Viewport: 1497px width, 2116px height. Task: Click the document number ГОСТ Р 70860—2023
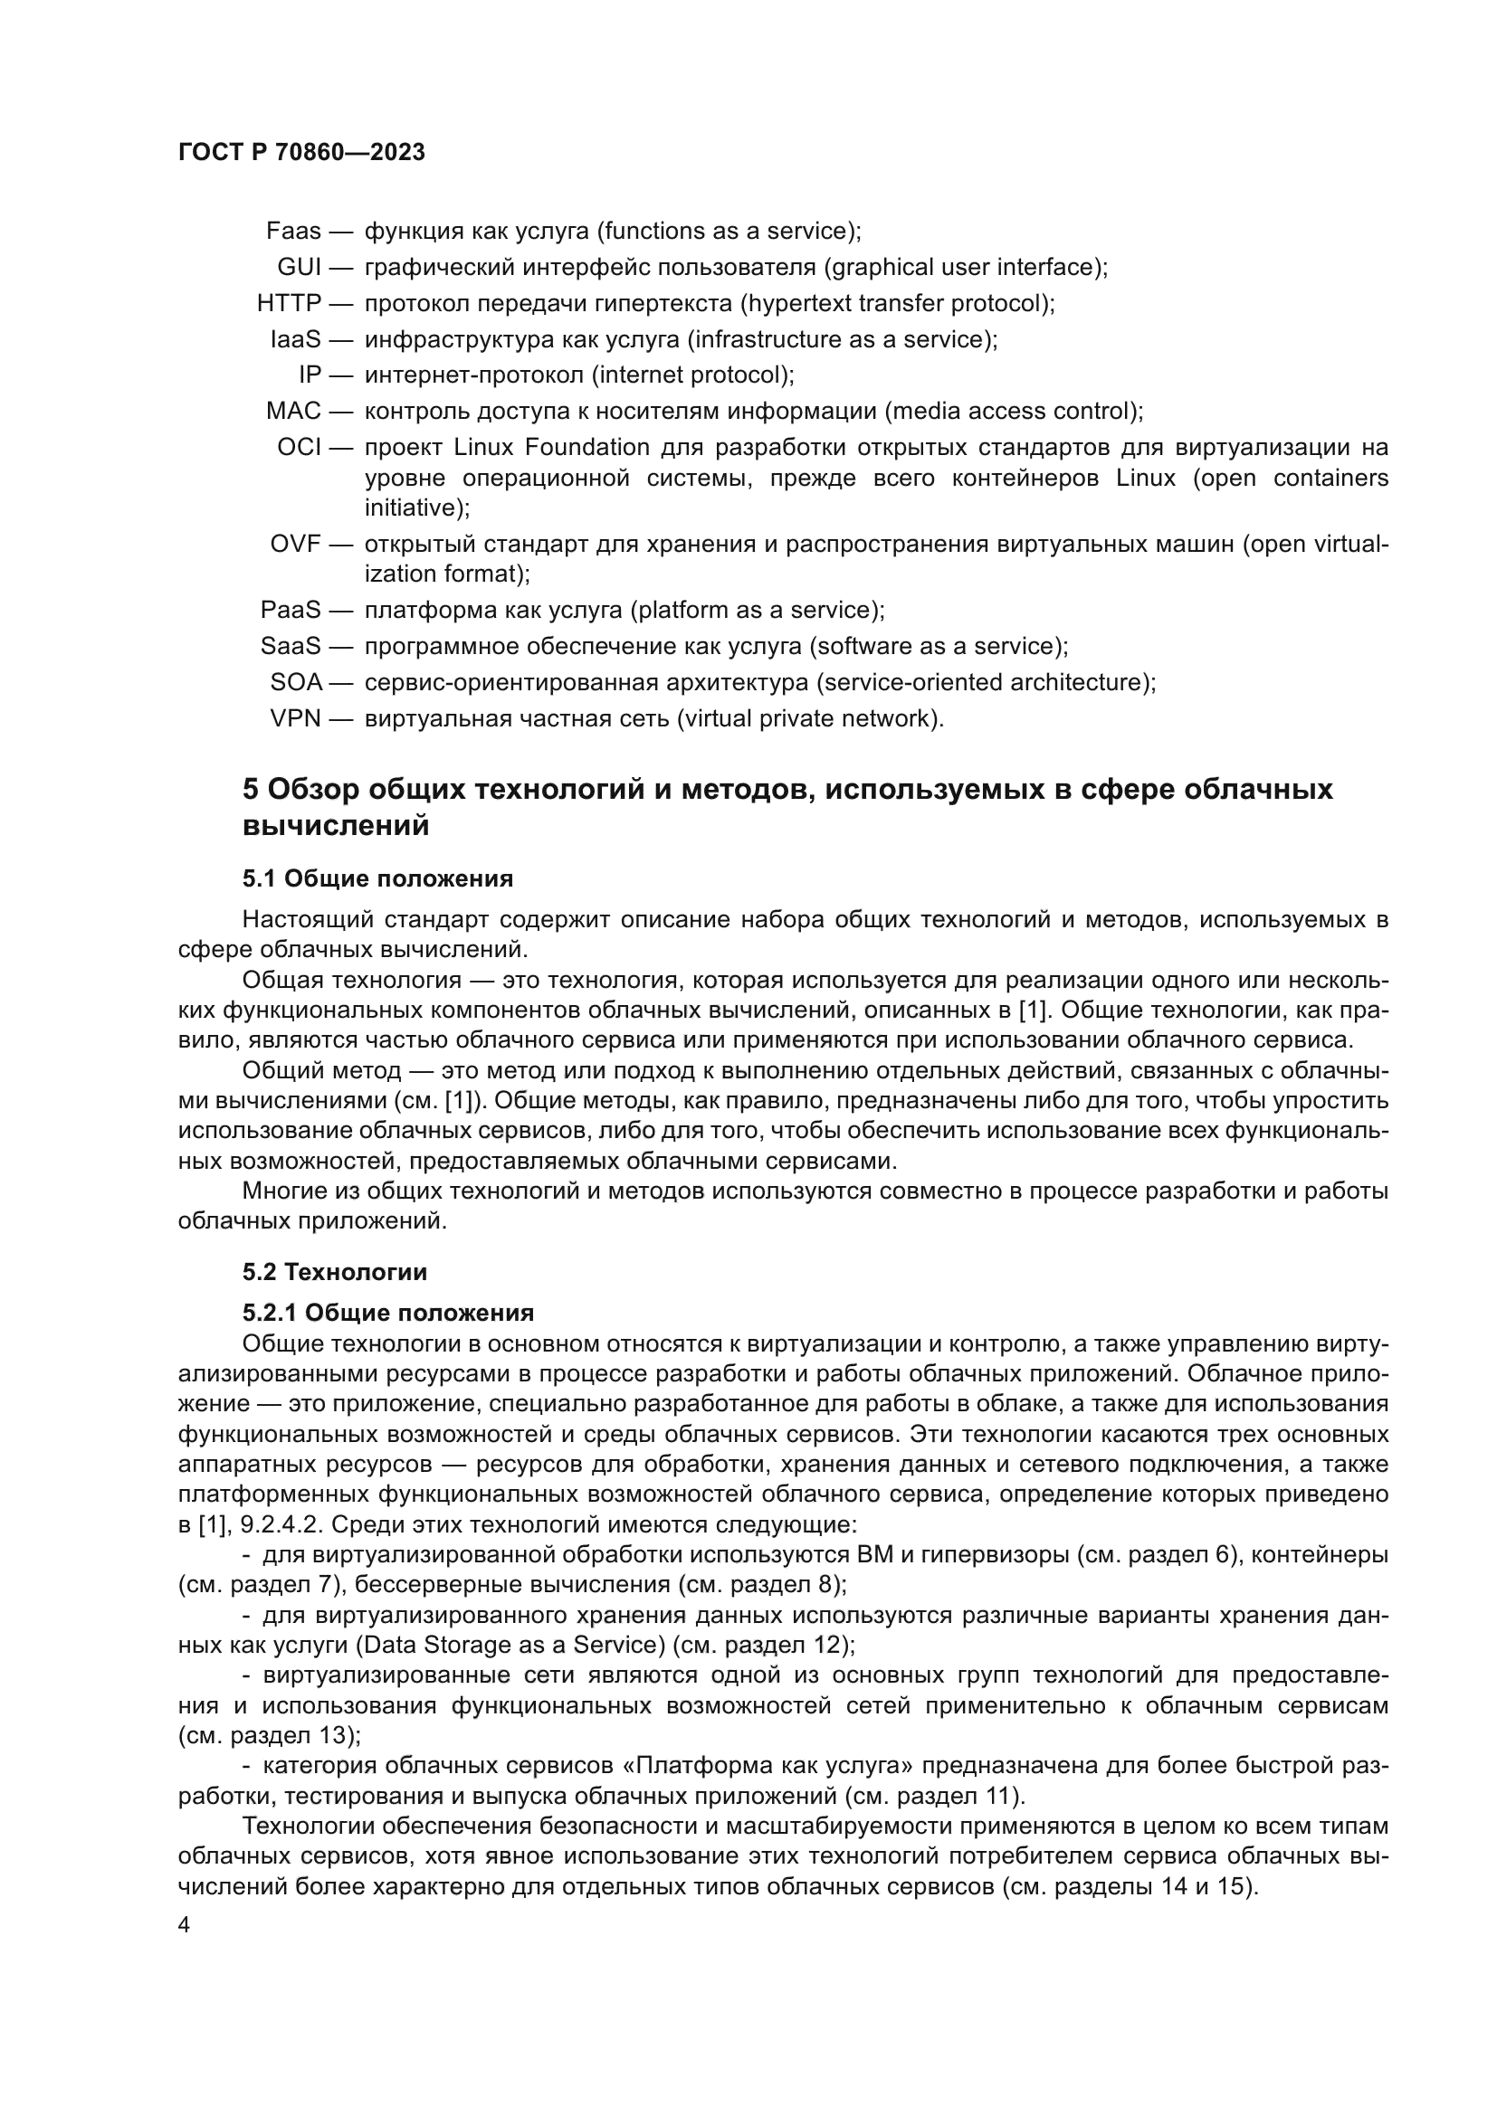coord(301,153)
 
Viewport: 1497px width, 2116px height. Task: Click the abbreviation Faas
coord(293,232)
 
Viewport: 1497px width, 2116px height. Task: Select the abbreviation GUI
coord(299,267)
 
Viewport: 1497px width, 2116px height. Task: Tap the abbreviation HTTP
coord(289,303)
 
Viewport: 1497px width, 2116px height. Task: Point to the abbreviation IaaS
coord(295,339)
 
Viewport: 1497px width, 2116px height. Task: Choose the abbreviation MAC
coord(293,411)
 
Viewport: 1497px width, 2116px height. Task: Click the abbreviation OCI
coord(299,448)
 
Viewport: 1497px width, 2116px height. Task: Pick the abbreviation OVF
coord(295,544)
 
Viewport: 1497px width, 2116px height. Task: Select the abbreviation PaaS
coord(291,610)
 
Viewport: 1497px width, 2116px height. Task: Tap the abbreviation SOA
coord(296,682)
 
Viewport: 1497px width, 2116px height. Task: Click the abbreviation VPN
coord(295,718)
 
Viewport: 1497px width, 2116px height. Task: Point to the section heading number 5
coord(250,790)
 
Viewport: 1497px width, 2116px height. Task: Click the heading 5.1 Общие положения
coord(378,878)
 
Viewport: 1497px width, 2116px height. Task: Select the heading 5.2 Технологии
coord(335,1272)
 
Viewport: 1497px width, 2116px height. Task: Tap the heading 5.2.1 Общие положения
coord(388,1313)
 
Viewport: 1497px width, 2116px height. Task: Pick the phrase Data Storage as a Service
coord(510,1645)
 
